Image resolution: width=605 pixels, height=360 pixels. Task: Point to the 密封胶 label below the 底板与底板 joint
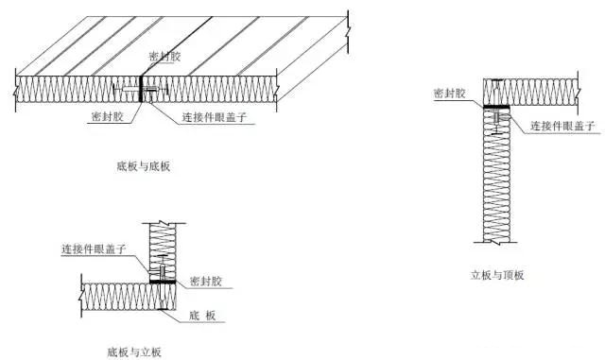click(107, 117)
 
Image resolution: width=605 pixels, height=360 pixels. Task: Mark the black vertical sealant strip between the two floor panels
click(141, 90)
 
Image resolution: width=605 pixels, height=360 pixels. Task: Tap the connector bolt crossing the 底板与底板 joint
click(140, 92)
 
